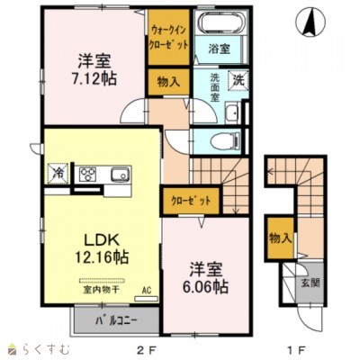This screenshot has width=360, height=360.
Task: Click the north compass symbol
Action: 310,22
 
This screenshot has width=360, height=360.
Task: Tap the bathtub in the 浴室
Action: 221,22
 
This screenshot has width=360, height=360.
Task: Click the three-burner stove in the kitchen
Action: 87,175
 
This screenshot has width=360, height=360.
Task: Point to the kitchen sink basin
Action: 120,175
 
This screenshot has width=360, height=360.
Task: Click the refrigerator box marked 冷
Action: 58,174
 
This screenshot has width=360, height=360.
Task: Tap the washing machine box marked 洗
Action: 238,80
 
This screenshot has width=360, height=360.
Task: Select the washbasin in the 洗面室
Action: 232,112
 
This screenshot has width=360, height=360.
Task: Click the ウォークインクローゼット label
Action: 169,38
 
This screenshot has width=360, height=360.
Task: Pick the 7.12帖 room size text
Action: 94,79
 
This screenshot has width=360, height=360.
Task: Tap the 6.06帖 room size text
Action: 205,286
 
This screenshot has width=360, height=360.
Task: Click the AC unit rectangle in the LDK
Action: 146,299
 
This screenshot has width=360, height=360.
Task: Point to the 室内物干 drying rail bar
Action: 102,281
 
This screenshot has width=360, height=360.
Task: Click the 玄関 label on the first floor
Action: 310,283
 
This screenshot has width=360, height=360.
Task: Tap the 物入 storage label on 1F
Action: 281,238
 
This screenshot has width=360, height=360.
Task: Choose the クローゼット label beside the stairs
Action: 191,200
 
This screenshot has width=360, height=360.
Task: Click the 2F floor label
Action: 147,349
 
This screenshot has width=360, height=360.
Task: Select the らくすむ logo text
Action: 47,349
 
